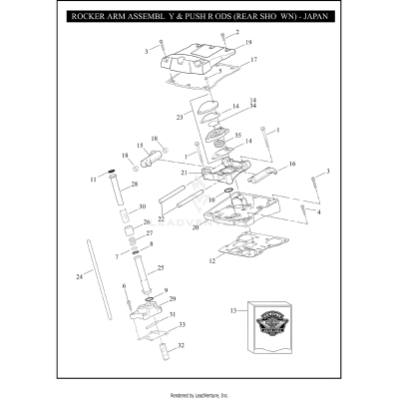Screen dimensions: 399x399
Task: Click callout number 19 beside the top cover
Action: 248,43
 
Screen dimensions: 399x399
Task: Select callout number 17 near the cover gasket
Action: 253,60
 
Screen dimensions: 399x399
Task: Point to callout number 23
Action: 180,118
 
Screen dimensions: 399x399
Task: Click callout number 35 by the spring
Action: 236,135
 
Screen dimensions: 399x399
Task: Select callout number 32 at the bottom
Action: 180,346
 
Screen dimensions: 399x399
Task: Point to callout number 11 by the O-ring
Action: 93,180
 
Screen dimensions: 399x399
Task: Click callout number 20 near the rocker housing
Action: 197,228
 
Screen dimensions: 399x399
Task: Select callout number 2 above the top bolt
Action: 237,32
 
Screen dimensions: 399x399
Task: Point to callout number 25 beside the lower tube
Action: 163,267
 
